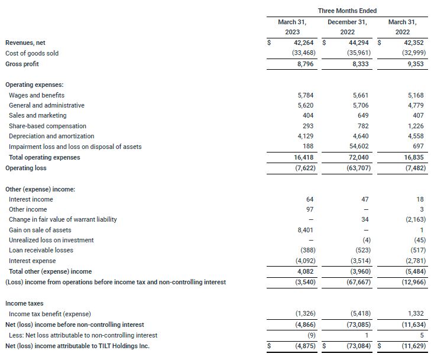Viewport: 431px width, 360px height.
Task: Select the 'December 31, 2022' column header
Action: point(347,27)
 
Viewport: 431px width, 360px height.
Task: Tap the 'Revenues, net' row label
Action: point(25,43)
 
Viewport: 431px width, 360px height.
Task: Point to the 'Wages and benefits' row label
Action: point(37,95)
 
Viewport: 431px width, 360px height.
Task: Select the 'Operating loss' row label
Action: point(26,168)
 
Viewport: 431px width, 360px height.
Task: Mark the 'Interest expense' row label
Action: point(33,261)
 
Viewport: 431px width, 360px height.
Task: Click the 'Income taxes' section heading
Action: point(25,303)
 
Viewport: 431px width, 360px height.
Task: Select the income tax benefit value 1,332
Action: point(414,313)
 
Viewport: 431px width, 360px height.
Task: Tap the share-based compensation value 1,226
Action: point(414,126)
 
